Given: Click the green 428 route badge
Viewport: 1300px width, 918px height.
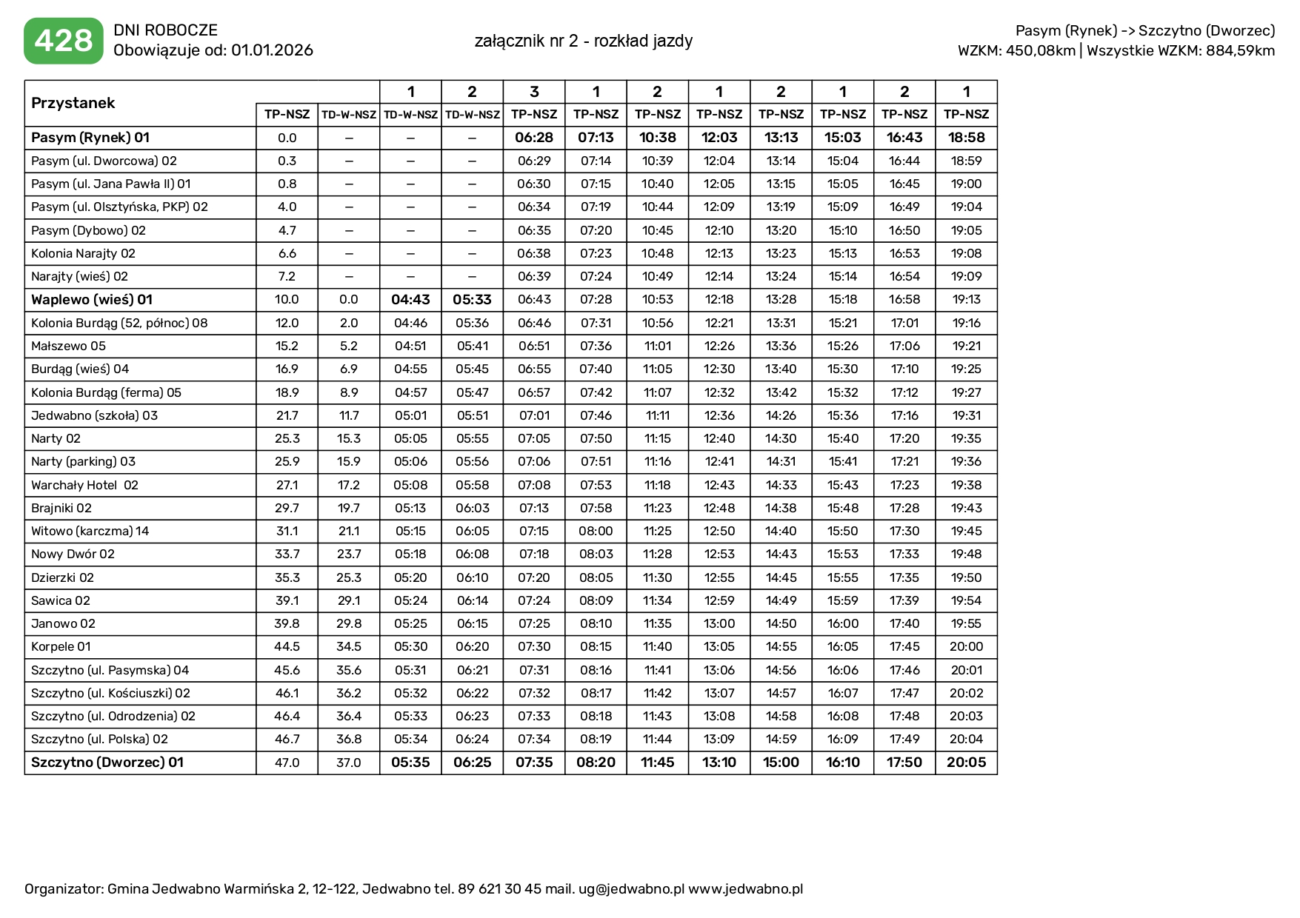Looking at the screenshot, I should coord(64,41).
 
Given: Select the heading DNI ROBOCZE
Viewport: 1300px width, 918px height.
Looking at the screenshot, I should coord(165,30).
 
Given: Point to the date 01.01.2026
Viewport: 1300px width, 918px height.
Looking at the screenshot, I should coord(272,50).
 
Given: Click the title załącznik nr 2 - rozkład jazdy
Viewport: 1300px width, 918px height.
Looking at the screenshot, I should coord(584,41).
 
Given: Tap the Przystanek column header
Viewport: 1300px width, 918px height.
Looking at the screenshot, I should coord(73,103).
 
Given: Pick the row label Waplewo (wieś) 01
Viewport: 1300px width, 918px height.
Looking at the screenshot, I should coord(92,300).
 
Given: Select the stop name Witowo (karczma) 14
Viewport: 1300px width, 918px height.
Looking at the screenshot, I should coord(90,531).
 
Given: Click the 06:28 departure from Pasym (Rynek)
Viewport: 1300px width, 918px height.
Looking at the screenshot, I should coord(534,138).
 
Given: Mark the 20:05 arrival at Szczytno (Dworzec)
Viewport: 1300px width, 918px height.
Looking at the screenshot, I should coord(966,763).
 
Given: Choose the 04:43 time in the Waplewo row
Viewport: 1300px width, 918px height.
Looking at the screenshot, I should coord(410,300).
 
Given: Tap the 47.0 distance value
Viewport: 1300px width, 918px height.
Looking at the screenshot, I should coord(287,763).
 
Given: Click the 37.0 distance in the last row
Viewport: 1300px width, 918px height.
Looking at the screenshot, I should coord(348,763).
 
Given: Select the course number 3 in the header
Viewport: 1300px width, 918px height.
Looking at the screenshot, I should coord(534,92).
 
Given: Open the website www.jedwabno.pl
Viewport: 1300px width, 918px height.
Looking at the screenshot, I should coord(745,889).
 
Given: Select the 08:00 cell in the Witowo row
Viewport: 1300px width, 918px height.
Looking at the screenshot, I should coord(596,531).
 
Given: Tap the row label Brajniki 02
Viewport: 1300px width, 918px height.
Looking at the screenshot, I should coord(61,508).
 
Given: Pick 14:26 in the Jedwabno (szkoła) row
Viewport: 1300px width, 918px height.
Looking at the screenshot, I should coord(781,415).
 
